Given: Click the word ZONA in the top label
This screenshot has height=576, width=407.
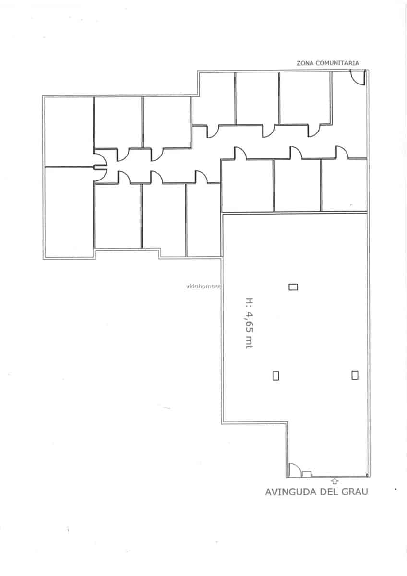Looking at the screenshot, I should click(304, 63).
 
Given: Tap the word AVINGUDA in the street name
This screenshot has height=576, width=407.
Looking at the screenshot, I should click(288, 492).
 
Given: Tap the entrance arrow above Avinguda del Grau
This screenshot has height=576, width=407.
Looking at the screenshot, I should click(335, 480).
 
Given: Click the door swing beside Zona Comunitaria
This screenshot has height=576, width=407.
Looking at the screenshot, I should click(358, 77).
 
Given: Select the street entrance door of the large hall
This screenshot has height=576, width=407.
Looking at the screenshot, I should click(294, 470).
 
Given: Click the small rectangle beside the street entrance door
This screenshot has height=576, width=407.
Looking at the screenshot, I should click(307, 474).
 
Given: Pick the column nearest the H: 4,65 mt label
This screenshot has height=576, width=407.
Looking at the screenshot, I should click(293, 287).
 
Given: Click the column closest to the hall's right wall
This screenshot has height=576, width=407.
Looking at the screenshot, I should click(355, 375).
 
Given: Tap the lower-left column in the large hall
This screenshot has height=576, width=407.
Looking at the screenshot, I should click(275, 375).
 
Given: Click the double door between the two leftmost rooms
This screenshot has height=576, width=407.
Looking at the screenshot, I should click(100, 167).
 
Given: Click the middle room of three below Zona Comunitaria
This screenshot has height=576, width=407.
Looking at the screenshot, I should click(257, 98).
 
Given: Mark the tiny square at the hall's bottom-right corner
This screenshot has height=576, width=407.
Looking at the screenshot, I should click(367, 476).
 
